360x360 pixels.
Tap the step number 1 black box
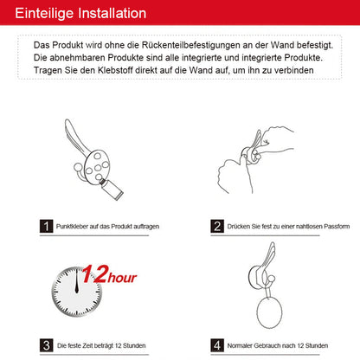[46, 226]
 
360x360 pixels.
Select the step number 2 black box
[217, 226]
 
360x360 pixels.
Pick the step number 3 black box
[46, 345]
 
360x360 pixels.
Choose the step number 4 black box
[217, 345]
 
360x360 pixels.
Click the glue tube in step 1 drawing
[112, 190]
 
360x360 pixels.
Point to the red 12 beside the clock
[95, 274]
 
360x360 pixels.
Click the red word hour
[122, 278]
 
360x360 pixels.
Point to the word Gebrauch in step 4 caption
[267, 345]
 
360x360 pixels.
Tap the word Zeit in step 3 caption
[87, 345]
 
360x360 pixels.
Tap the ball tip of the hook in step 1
[78, 167]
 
